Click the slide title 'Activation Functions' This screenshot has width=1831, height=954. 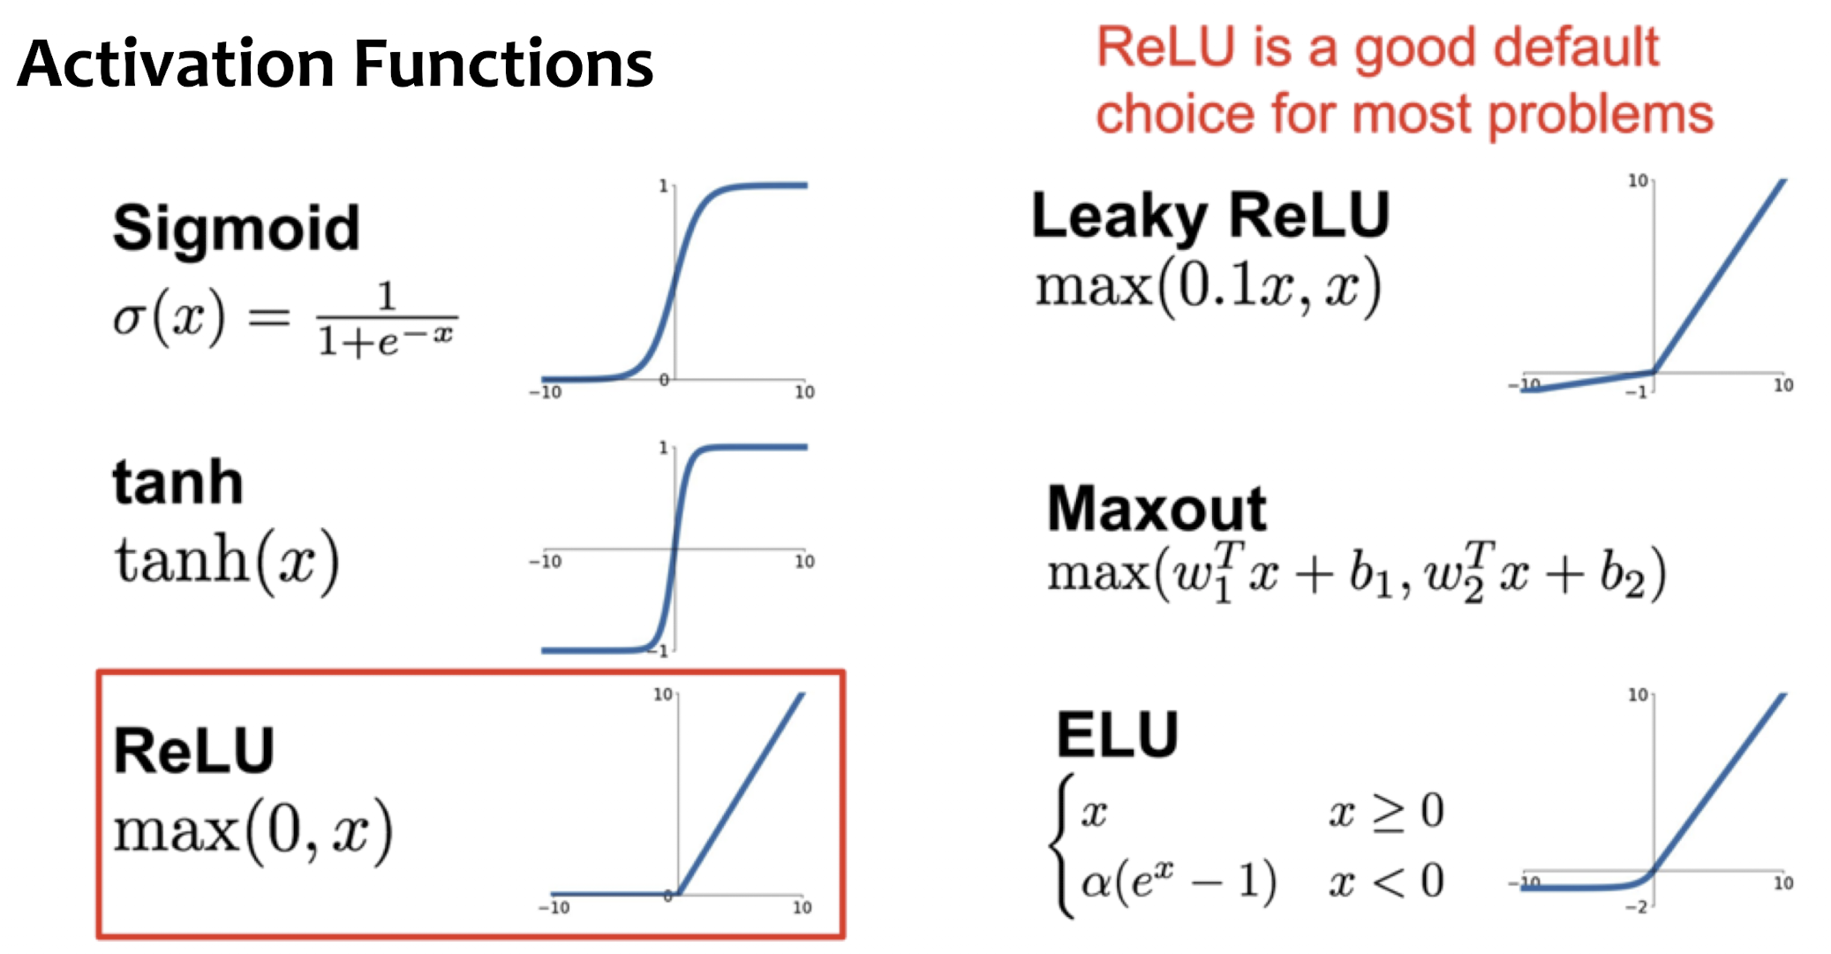(335, 64)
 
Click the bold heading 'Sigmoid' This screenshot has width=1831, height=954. (237, 228)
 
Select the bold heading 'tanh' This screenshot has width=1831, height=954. (177, 482)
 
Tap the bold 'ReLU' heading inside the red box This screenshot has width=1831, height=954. (194, 751)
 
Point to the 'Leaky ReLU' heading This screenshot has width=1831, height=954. (1210, 216)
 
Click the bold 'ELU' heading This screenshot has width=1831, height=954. (1118, 735)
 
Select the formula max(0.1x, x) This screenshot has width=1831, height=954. (1208, 287)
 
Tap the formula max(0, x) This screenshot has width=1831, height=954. (253, 830)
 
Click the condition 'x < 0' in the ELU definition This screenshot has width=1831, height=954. (1386, 882)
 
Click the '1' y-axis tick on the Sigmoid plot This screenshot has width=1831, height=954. (663, 186)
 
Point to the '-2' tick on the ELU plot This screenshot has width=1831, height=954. (1636, 907)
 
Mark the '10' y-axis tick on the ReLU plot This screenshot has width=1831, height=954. (662, 694)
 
